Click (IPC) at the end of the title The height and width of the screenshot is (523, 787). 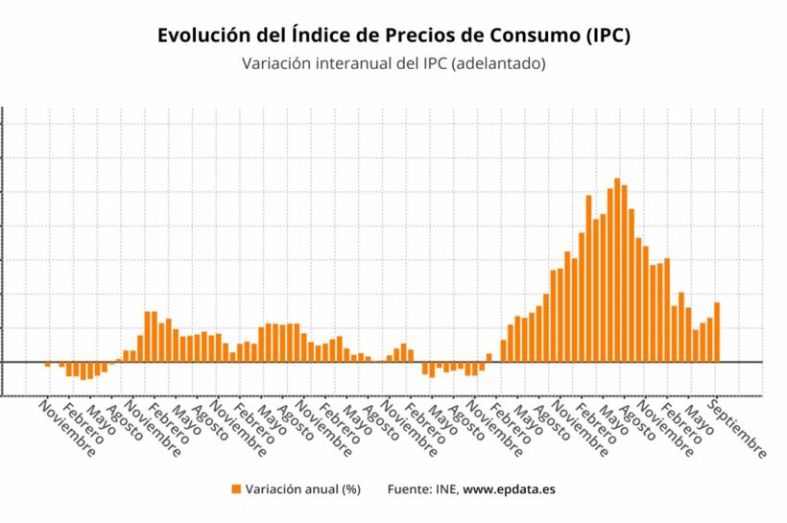(608, 36)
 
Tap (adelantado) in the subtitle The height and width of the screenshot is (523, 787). (499, 64)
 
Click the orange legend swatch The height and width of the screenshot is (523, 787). (236, 489)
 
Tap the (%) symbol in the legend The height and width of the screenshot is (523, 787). (350, 489)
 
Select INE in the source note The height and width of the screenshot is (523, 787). (448, 489)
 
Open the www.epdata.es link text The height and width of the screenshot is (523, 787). (510, 489)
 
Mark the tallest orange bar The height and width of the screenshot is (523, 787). (617, 271)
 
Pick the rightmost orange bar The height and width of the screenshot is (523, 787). (717, 332)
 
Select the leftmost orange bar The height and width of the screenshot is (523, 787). (47, 365)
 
